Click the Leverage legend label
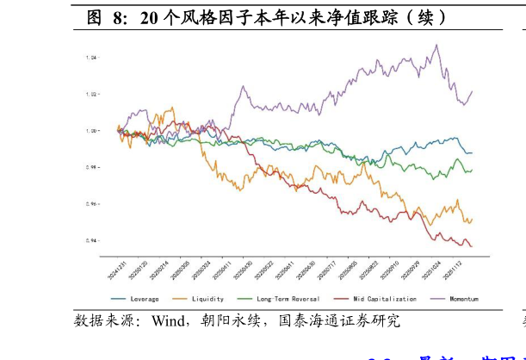coord(145,299)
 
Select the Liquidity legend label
coord(207,299)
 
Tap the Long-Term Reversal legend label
coord(287,299)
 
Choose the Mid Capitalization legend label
coord(384,299)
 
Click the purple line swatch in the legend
coord(436,299)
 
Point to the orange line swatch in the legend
coord(181,299)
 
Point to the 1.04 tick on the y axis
coord(92,58)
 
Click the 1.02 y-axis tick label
coord(92,94)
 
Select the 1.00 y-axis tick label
coord(92,131)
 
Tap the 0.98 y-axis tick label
coord(92,167)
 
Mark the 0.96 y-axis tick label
coord(92,204)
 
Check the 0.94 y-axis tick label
coord(92,240)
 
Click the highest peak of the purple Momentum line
coord(436,45)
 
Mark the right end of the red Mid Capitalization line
coord(472,246)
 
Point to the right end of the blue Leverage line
coord(472,152)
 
